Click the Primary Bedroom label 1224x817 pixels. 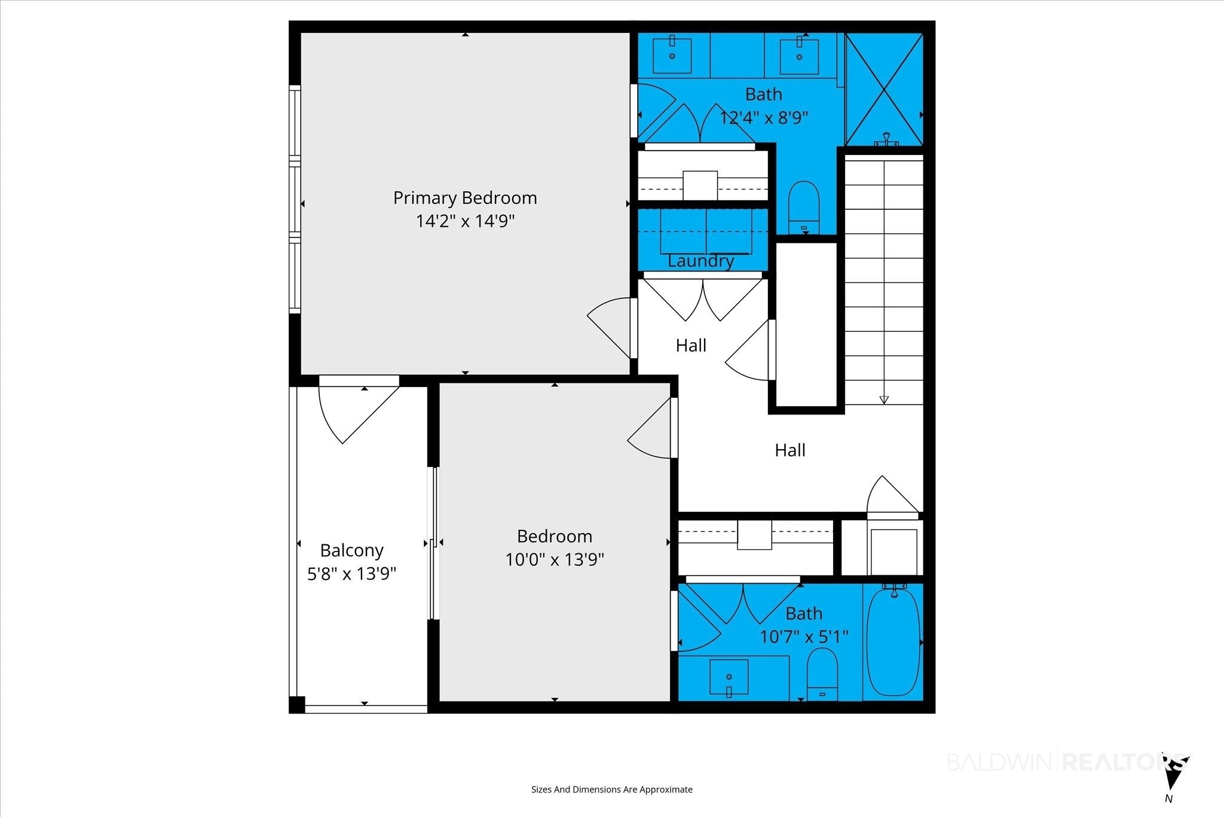(x=465, y=198)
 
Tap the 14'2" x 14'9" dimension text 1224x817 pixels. (x=465, y=221)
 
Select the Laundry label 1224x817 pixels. (x=700, y=261)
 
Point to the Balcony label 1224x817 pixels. (x=351, y=550)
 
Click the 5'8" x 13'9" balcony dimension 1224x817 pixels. (x=351, y=574)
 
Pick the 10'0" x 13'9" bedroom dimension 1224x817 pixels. (x=555, y=560)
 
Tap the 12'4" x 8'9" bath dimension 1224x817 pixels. (x=764, y=118)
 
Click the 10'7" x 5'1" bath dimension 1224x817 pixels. (x=804, y=637)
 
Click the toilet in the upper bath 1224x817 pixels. (x=804, y=206)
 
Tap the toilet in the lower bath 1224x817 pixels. (x=822, y=674)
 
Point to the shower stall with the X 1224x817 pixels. (x=885, y=89)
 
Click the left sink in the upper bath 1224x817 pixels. (x=672, y=56)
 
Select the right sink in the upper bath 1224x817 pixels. (x=799, y=56)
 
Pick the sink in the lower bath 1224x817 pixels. (x=729, y=678)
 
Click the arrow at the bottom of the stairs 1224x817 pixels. (x=884, y=400)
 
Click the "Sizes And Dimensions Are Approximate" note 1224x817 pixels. (x=612, y=789)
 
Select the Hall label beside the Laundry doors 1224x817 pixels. (x=691, y=345)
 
